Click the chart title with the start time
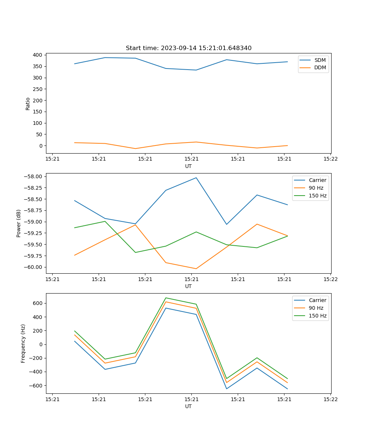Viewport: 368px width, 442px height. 188,48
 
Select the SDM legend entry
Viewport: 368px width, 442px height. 320,60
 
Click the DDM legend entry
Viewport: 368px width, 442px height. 320,67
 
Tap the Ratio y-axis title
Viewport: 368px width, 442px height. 28,104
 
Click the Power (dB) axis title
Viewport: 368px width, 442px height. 19,223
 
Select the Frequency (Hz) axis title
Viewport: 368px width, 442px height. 23,343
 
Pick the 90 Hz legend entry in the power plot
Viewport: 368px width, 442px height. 316,188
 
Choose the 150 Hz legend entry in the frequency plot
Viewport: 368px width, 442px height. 318,316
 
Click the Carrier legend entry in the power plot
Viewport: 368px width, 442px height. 317,180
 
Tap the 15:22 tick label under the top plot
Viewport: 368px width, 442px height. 330,159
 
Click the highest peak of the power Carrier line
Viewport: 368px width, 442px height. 196,178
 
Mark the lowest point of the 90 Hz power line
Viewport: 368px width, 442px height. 196,269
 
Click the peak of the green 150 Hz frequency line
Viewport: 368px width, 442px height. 166,298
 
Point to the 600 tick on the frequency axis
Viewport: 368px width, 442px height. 38,303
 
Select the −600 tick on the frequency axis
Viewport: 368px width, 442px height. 37,386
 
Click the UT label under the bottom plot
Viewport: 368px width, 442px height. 188,406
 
